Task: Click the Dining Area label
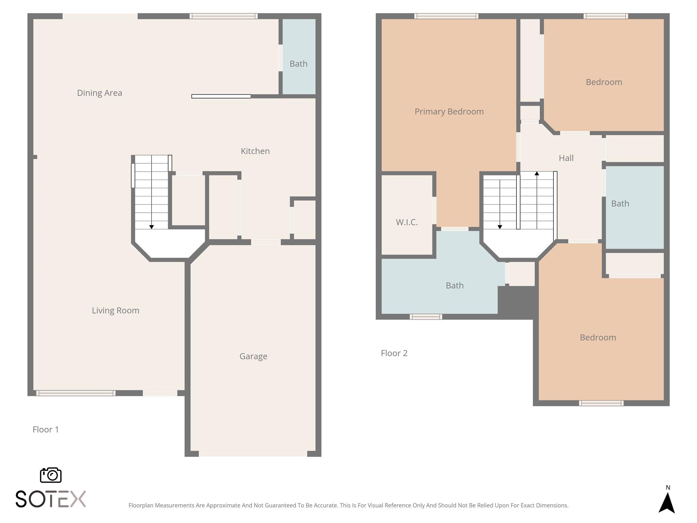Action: [99, 93]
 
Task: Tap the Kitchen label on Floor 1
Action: [255, 151]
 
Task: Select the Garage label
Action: [253, 356]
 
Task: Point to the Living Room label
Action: [115, 311]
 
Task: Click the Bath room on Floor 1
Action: [298, 64]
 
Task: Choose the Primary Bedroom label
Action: [449, 112]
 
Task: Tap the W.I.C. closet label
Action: [407, 222]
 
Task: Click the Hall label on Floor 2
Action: [566, 158]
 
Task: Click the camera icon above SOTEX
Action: [51, 475]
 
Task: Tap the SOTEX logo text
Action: [50, 499]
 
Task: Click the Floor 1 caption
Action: [46, 430]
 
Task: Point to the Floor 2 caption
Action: [394, 353]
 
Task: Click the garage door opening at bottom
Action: [253, 454]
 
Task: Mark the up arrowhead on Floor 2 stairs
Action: [537, 174]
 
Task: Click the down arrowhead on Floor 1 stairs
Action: [151, 227]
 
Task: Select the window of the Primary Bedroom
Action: [446, 16]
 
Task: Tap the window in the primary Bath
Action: [426, 317]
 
